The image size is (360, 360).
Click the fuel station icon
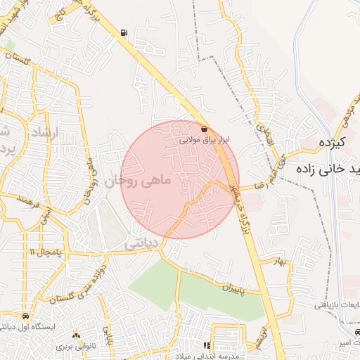tap(124, 32)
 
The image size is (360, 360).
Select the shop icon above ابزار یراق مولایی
tap(204, 129)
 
